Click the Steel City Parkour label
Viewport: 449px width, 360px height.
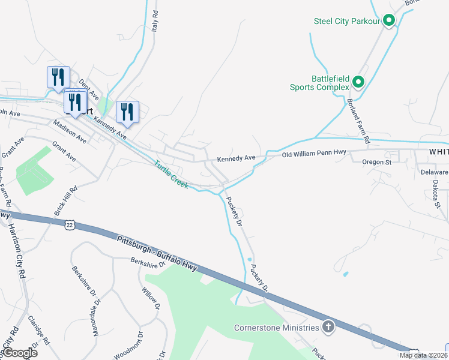(348, 22)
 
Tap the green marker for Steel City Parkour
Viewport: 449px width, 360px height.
(389, 21)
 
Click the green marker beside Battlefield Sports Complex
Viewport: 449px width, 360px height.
(358, 82)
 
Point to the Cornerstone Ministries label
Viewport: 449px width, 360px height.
(276, 328)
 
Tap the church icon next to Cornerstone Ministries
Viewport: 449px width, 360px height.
(328, 328)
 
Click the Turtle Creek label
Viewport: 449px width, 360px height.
(172, 174)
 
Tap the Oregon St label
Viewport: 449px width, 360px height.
(376, 162)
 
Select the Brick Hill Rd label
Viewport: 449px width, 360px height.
(67, 200)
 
